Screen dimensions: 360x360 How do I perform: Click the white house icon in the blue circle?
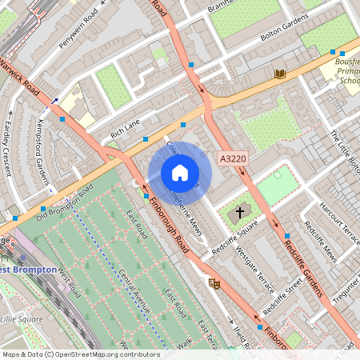click(180, 173)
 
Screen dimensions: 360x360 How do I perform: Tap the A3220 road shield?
click(232, 159)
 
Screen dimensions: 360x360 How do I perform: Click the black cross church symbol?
click(238, 214)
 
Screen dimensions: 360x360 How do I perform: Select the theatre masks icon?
click(214, 282)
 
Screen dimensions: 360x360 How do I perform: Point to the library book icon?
click(280, 74)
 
